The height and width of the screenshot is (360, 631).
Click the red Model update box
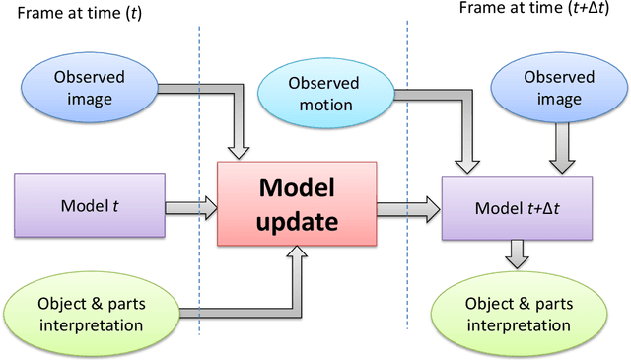coord(297,205)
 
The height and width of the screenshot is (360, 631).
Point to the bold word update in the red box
coord(297,222)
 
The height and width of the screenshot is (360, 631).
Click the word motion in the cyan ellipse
coord(324,105)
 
